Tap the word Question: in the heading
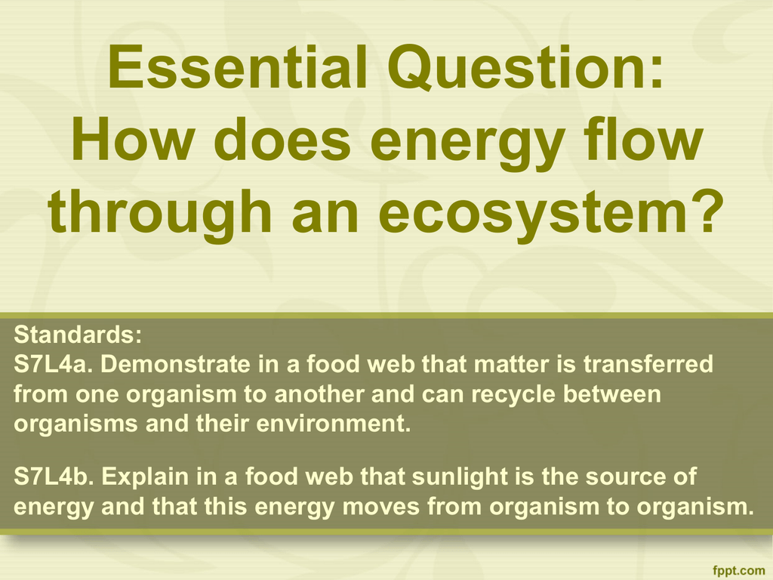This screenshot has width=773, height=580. tap(526, 68)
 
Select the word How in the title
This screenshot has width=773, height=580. tap(132, 139)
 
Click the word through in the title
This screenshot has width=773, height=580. tap(160, 212)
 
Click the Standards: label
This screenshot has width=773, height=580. tap(78, 335)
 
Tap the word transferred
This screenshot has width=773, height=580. tap(648, 365)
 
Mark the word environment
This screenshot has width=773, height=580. tap(334, 424)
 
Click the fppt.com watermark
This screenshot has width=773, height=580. tap(738, 571)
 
